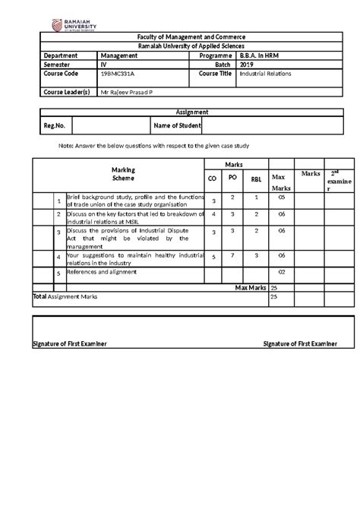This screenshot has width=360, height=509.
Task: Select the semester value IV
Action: (103, 65)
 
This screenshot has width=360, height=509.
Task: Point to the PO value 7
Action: (234, 254)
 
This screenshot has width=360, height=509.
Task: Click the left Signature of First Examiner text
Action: (69, 344)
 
